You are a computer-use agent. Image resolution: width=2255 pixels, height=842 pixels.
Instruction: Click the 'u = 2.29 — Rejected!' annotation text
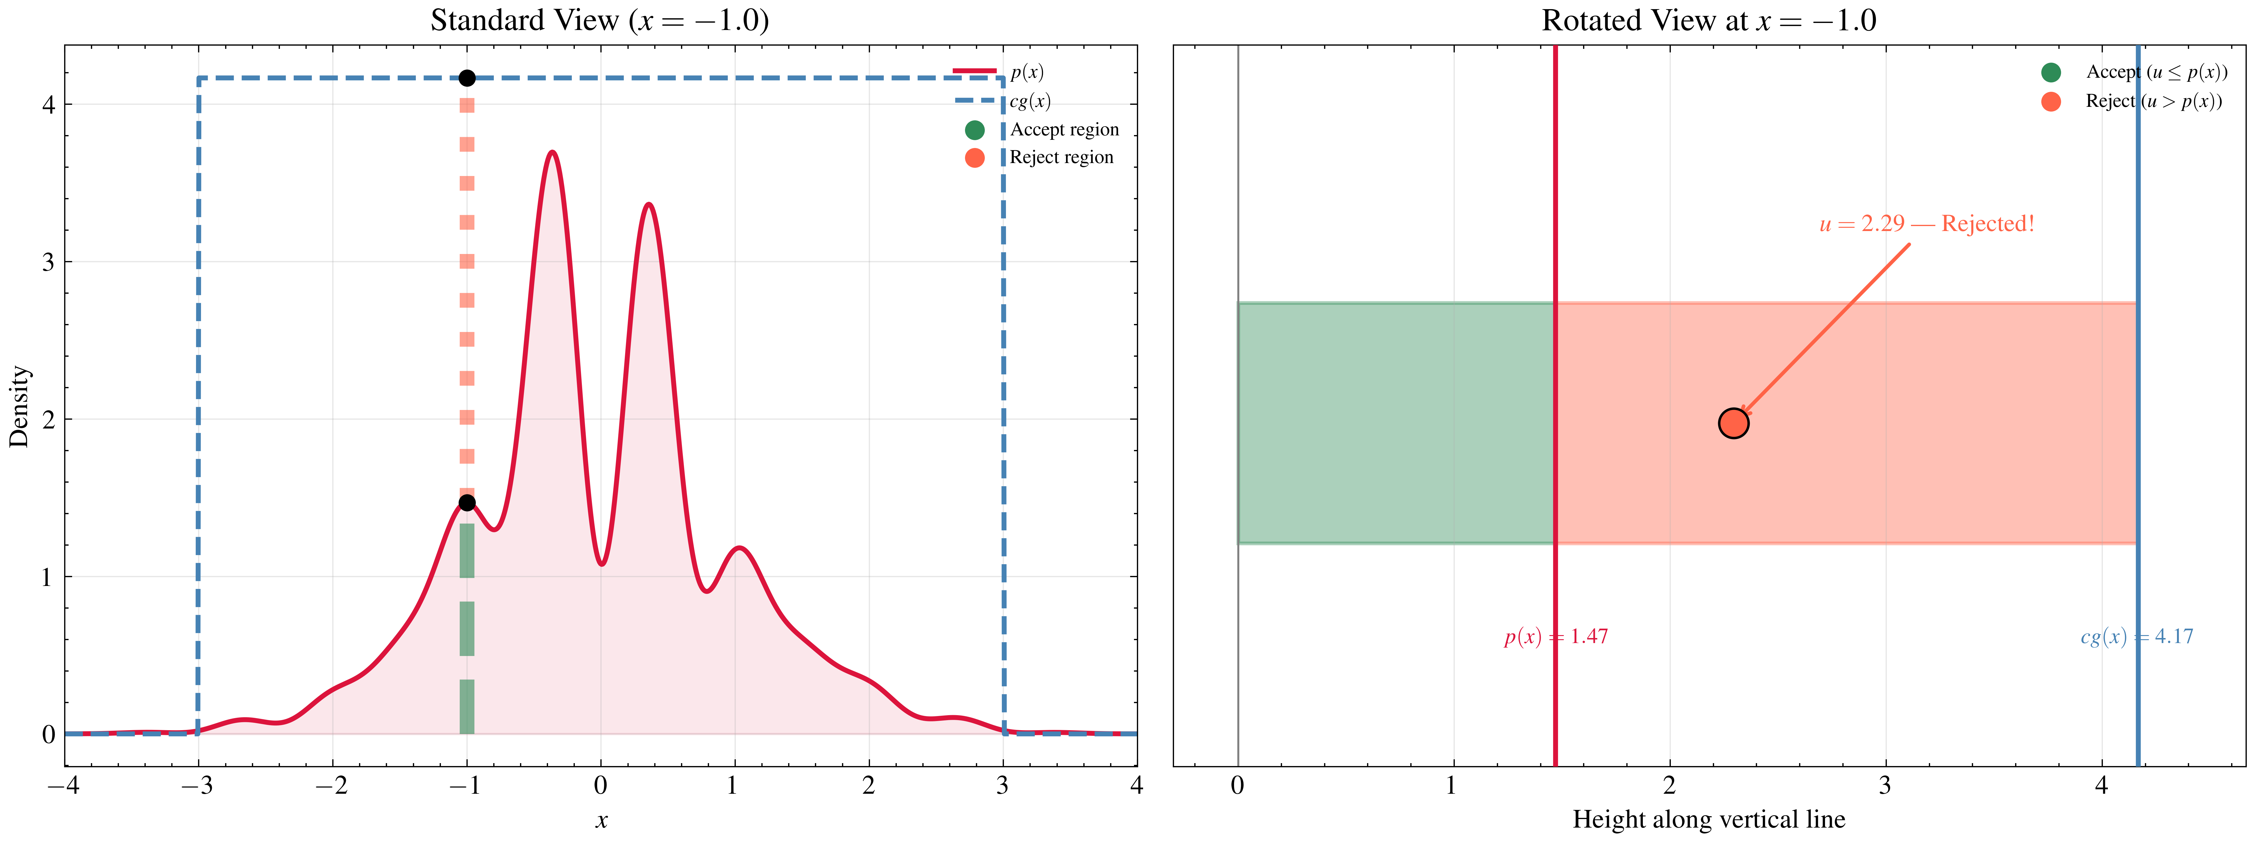tap(1926, 224)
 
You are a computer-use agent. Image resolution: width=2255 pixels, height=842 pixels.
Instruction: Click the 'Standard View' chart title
tap(600, 20)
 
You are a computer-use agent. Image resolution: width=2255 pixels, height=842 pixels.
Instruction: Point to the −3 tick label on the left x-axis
tap(198, 786)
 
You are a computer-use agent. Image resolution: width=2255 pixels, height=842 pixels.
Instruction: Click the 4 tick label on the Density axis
tap(48, 105)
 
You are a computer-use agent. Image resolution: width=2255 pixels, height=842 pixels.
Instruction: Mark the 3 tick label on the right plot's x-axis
tap(1885, 786)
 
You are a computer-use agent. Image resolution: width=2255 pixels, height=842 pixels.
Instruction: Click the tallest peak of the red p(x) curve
tap(552, 152)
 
